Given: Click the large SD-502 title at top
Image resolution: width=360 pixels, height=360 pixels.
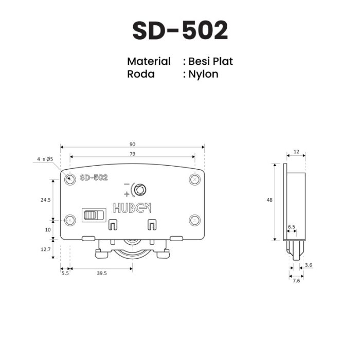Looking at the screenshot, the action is tap(180, 30).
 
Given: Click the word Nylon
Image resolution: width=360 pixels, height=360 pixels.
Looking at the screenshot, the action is tap(203, 75).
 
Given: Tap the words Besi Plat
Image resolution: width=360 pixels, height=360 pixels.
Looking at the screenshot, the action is tap(210, 61).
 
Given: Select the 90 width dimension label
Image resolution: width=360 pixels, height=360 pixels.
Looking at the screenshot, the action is tap(133, 144).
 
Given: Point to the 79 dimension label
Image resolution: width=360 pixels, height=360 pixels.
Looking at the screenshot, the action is tap(133, 154).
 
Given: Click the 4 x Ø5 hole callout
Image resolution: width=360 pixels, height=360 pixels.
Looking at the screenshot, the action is tap(45, 159).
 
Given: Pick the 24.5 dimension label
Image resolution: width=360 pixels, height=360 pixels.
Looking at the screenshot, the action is tap(46, 200).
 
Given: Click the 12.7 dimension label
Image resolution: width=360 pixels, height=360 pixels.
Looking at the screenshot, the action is tap(46, 249).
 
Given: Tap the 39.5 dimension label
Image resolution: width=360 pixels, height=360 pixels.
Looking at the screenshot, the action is tap(102, 273).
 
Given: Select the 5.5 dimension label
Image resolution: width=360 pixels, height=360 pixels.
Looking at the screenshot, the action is tap(65, 273).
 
